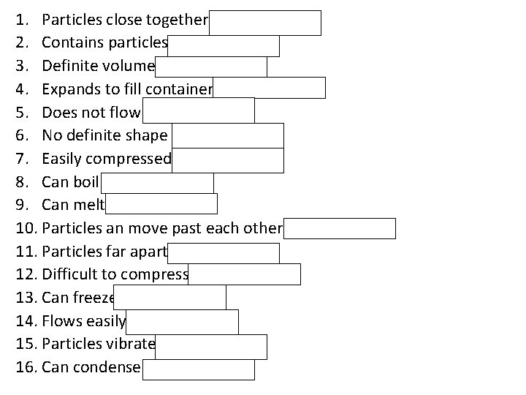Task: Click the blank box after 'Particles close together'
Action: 265,23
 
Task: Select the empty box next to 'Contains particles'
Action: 223,45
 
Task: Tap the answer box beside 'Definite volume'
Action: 211,67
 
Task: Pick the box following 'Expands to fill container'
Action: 269,89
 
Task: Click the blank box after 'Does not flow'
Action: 199,110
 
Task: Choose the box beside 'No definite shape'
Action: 229,135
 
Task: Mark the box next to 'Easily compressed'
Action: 228,160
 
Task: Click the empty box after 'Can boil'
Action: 157,183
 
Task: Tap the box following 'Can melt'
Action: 161,204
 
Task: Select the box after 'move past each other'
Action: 340,228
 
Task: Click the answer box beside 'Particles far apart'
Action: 223,253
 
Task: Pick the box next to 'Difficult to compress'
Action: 244,274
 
